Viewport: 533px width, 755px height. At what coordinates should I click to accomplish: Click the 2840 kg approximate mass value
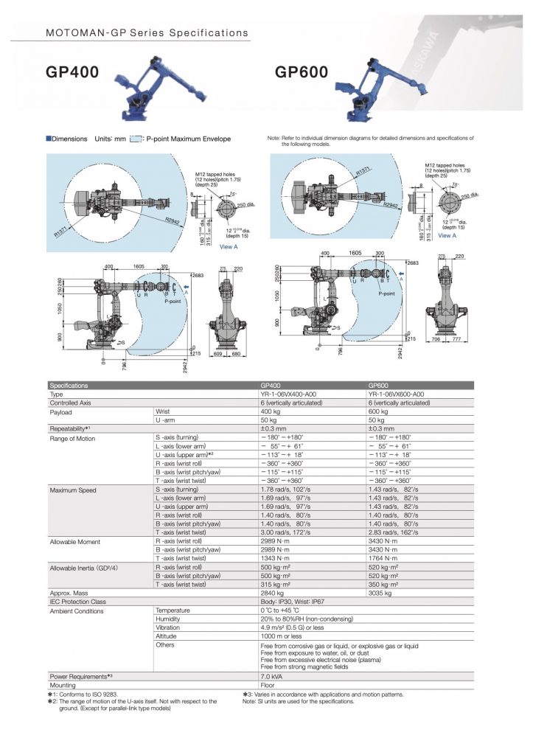tap(273, 593)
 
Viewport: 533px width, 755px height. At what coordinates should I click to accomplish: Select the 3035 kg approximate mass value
tap(380, 593)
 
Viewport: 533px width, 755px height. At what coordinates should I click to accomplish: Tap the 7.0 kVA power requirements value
tap(273, 675)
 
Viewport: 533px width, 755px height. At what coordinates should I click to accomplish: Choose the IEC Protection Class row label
tap(77, 602)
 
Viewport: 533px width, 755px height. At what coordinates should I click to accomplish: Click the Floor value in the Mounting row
tap(268, 684)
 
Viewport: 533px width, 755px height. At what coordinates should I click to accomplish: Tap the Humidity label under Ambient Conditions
tap(169, 619)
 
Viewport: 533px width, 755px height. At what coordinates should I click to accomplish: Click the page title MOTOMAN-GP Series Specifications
tap(147, 33)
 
